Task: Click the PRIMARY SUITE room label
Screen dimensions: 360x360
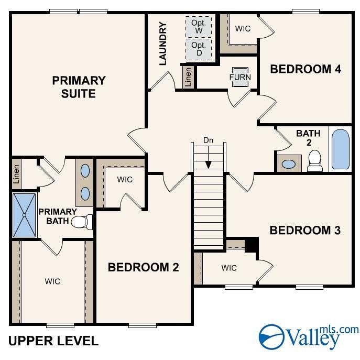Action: tap(79, 87)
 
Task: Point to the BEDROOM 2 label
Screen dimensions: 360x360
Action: tap(143, 267)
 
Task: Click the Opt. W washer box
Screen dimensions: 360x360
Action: tap(199, 27)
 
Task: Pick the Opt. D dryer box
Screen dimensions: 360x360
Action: tap(199, 49)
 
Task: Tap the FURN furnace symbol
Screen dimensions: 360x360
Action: tap(240, 77)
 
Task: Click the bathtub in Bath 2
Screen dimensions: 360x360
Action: tap(340, 149)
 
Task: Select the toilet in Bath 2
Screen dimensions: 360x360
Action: tap(315, 160)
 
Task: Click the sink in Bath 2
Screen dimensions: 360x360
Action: tap(288, 164)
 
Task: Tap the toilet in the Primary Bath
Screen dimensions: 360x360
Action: tap(80, 222)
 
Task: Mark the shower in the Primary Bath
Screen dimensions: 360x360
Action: tap(24, 215)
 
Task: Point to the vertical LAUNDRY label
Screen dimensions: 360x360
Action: tap(162, 43)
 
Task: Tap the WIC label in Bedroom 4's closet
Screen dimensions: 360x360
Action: tap(243, 29)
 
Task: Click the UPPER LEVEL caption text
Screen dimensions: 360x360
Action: tap(53, 341)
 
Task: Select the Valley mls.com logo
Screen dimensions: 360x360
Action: tap(309, 336)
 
